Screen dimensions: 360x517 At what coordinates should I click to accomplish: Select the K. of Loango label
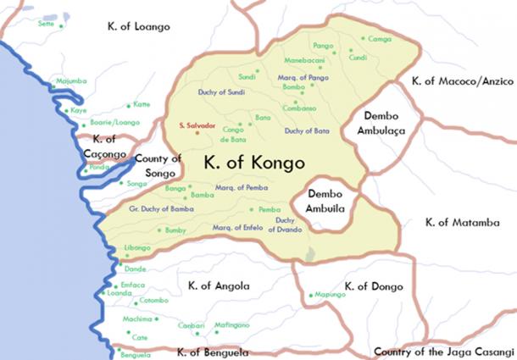pyautogui.click(x=139, y=26)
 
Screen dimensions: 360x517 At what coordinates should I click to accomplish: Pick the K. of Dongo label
pyautogui.click(x=368, y=286)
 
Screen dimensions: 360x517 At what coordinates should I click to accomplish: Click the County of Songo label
pyautogui.click(x=158, y=165)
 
